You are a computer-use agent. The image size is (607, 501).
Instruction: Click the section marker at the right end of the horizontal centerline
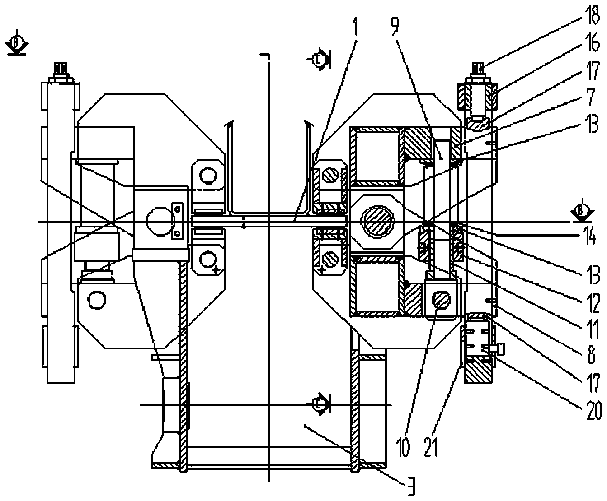pyautogui.click(x=581, y=210)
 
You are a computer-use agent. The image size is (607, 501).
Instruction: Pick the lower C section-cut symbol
pyautogui.click(x=320, y=403)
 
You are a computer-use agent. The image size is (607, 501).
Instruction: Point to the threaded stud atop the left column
pyautogui.click(x=60, y=70)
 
